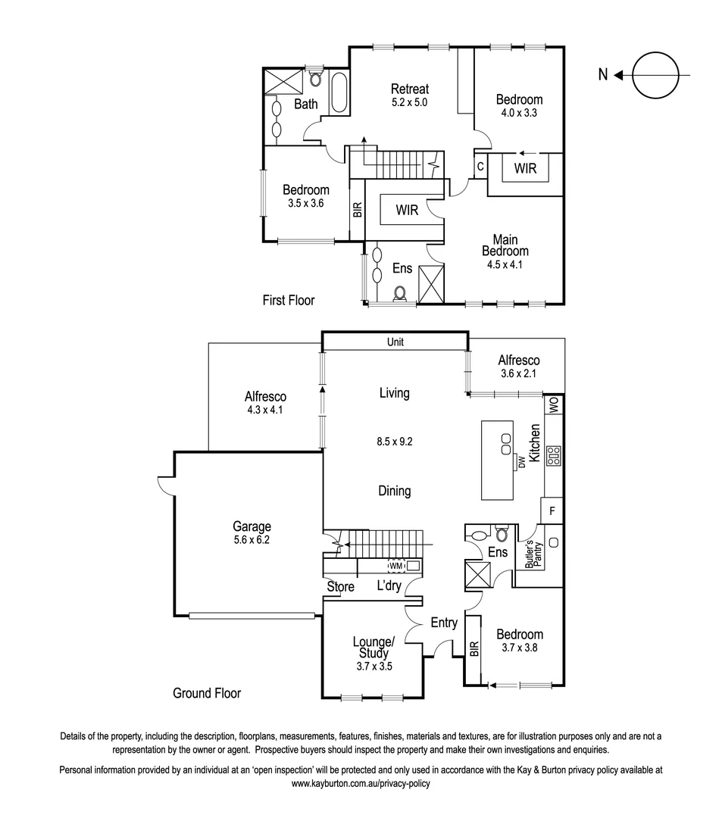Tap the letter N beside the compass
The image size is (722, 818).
point(602,74)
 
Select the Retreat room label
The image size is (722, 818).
point(410,88)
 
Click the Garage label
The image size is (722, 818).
point(252,527)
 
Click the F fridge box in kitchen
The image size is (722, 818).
point(552,510)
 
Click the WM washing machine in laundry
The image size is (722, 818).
point(395,565)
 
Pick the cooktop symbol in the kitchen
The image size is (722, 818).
point(554,454)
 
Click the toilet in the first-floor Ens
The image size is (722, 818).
point(401,294)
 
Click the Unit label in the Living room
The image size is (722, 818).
point(395,342)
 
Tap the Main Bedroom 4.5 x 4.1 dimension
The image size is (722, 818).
point(505,264)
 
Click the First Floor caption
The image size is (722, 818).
point(288,301)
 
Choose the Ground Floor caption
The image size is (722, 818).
point(207,693)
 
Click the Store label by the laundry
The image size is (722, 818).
point(340,586)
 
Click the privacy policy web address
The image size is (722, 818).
point(361,784)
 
